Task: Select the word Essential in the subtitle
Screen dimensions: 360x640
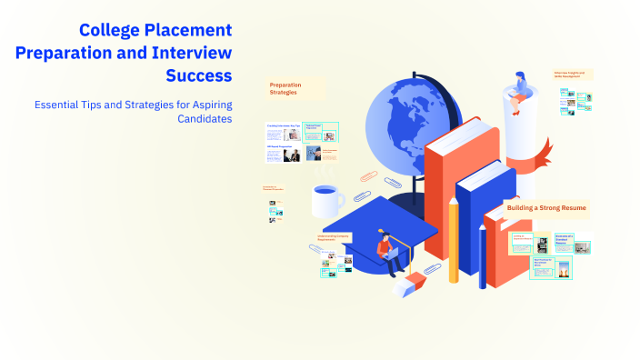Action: click(60, 105)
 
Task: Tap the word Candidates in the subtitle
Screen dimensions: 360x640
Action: click(200, 119)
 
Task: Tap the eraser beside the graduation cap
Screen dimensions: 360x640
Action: click(410, 285)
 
